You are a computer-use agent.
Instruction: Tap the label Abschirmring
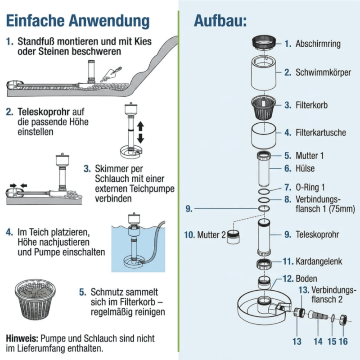pyautogui.click(x=318, y=44)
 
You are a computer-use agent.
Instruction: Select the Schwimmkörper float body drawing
pyautogui.click(x=264, y=72)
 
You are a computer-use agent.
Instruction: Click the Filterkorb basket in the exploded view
pyautogui.click(x=264, y=107)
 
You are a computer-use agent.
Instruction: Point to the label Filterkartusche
pyautogui.click(x=320, y=132)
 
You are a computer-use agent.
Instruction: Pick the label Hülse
pyautogui.click(x=305, y=168)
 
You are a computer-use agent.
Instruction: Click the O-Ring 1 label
pyautogui.click(x=310, y=187)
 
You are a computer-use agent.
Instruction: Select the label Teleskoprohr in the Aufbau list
pyautogui.click(x=317, y=234)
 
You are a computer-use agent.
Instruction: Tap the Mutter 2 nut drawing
pyautogui.click(x=233, y=237)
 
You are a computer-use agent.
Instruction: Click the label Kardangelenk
pyautogui.click(x=319, y=261)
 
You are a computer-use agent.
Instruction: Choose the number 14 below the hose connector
pyautogui.click(x=318, y=342)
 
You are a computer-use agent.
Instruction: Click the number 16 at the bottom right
pyautogui.click(x=343, y=342)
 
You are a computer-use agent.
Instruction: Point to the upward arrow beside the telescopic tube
pyautogui.click(x=140, y=126)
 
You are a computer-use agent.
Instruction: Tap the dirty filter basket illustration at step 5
pyautogui.click(x=35, y=299)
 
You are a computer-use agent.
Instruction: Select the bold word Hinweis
pyautogui.click(x=22, y=338)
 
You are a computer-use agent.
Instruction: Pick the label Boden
pyautogui.click(x=306, y=279)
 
